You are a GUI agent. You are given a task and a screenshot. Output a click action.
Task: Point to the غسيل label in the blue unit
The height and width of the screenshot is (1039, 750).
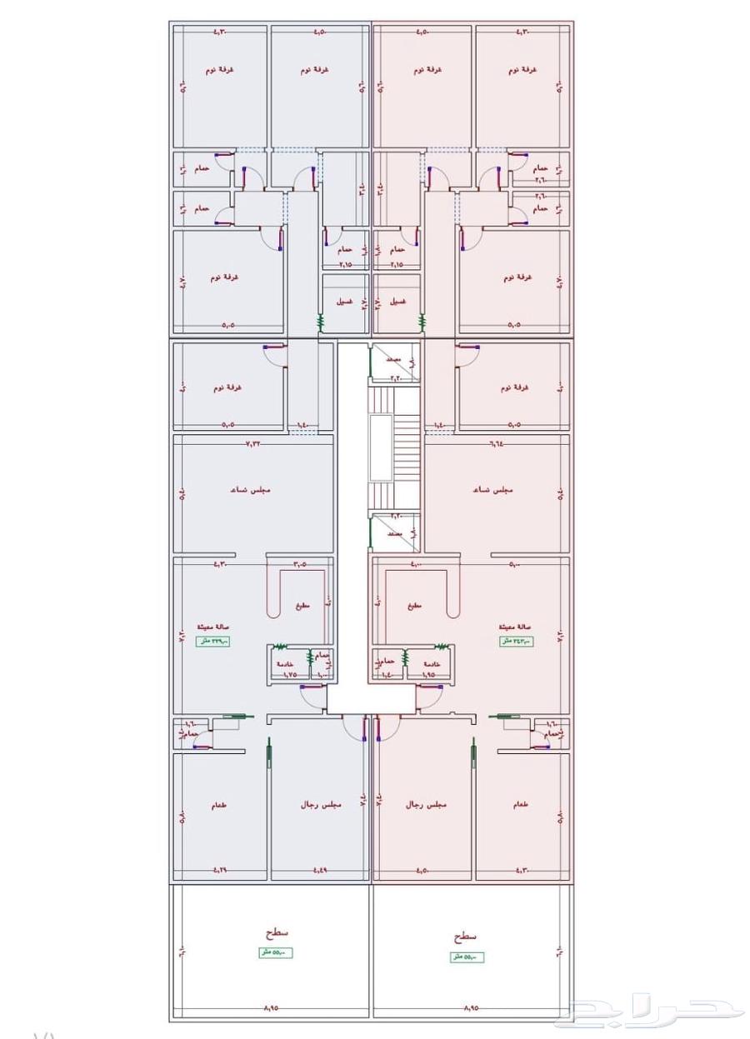(343, 302)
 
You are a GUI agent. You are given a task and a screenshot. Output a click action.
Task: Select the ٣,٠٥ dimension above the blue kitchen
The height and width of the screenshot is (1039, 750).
(299, 564)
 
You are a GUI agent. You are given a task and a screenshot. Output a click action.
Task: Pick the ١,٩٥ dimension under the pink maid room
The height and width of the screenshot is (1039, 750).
(428, 673)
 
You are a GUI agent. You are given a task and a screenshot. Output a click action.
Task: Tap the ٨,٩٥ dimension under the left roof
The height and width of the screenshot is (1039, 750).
(271, 1008)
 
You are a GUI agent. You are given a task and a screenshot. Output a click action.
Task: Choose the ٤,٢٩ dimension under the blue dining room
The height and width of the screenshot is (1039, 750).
(220, 871)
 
